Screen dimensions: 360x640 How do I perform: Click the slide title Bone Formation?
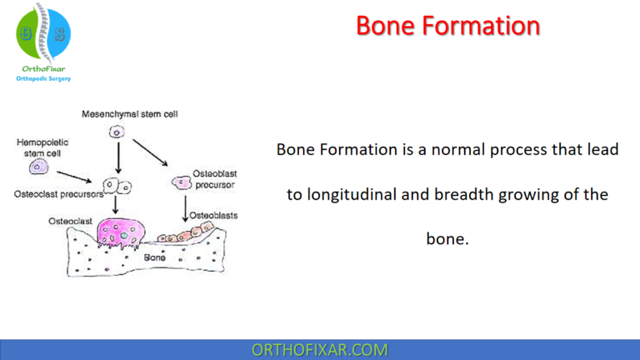pos(447,25)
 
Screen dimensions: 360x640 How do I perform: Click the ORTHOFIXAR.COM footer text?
pos(319,350)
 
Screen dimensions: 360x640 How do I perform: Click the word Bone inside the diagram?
pos(154,257)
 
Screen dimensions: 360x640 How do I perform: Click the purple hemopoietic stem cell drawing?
pos(37,167)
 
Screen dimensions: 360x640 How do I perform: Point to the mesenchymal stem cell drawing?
pos(117,131)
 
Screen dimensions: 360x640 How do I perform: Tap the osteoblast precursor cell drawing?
pos(181,182)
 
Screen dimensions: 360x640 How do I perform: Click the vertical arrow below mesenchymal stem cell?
pos(117,158)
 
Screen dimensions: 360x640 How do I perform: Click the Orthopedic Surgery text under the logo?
pos(43,78)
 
